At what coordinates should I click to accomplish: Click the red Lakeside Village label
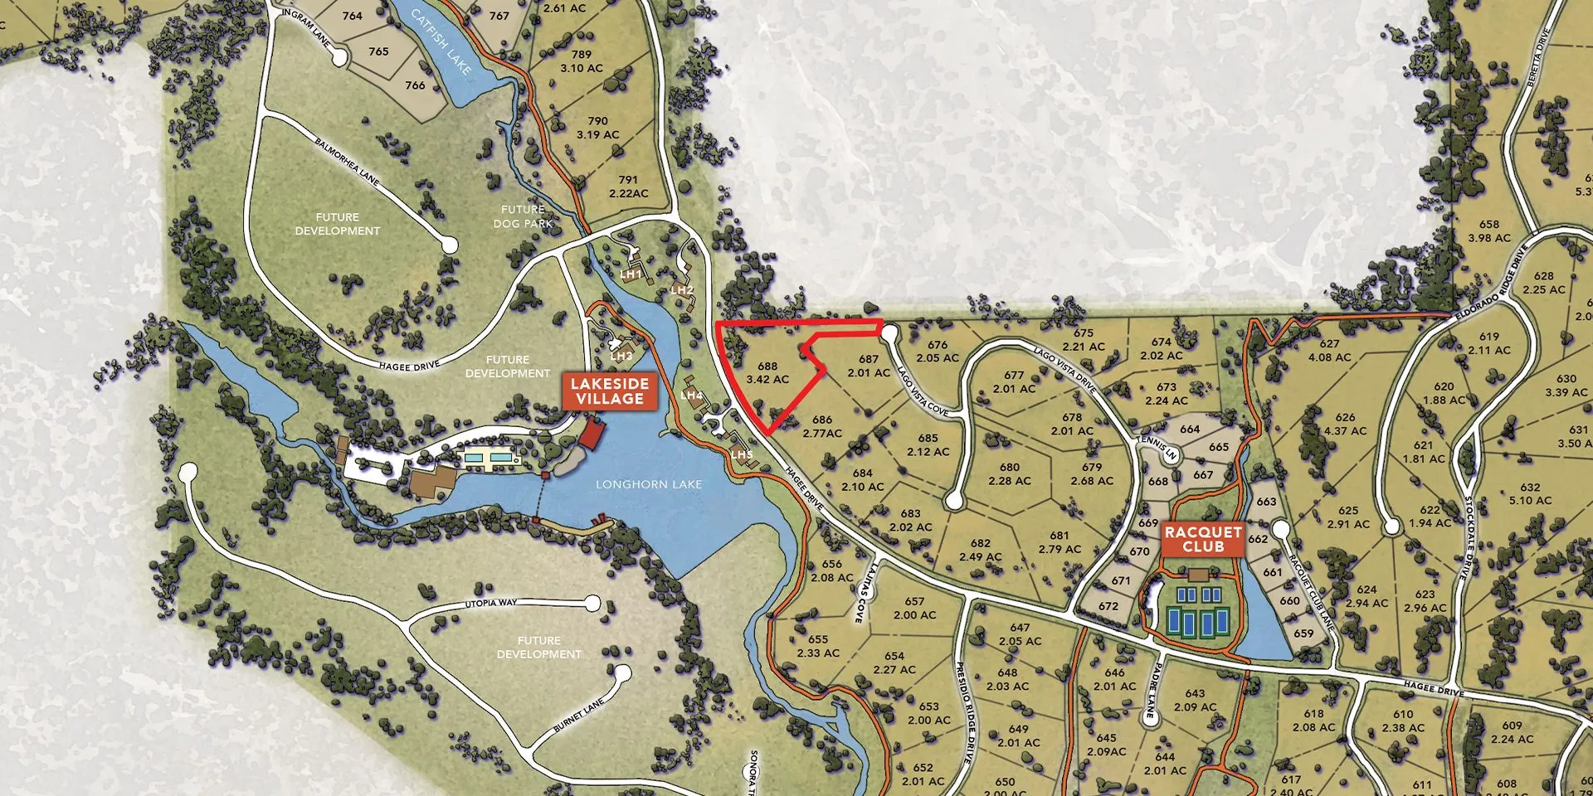pos(610,391)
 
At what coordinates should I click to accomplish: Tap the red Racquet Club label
pos(1203,539)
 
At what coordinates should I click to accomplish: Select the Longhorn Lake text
pos(649,484)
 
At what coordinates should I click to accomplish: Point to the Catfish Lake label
pos(441,41)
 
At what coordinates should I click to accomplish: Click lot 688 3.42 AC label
pos(767,372)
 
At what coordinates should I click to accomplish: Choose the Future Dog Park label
pos(523,216)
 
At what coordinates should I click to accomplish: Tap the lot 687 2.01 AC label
pos(869,366)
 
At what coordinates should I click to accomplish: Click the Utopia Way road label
pos(490,604)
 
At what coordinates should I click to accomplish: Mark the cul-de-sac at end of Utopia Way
pos(592,603)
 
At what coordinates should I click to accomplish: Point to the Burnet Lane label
pos(579,716)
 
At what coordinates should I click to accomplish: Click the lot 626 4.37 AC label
pos(1345,424)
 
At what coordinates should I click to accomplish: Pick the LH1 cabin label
pos(631,274)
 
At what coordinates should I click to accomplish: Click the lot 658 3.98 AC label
pos(1489,231)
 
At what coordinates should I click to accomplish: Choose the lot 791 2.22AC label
pos(628,186)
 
